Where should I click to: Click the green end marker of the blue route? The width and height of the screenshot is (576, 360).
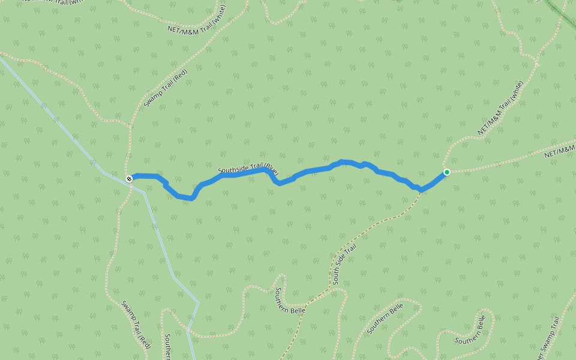[446, 172]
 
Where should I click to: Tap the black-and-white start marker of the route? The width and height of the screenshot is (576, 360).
[129, 179]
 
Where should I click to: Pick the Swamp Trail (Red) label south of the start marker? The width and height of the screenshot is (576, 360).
[136, 324]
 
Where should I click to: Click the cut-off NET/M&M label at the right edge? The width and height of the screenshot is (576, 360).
[560, 150]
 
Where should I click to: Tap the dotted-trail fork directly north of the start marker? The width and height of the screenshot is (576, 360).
[130, 127]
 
